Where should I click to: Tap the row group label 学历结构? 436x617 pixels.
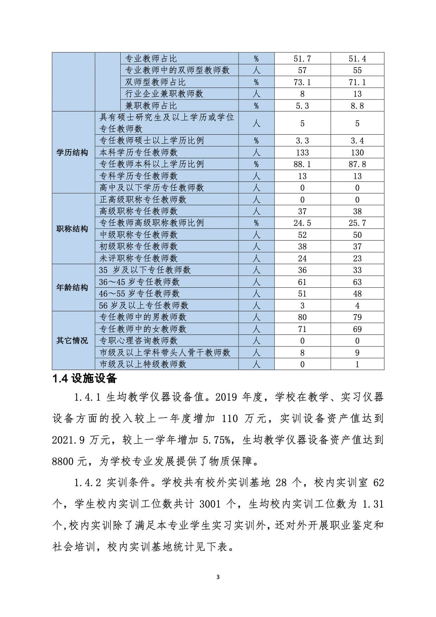coord(72,153)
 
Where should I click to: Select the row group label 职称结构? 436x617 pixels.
coord(72,229)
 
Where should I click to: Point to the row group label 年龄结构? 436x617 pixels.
coord(72,288)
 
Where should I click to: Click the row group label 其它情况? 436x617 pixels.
coord(72,341)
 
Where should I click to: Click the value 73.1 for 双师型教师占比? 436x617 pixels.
coord(302,82)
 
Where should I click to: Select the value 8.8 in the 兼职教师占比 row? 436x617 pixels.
coord(357,106)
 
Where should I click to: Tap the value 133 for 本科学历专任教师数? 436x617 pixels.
coord(302,153)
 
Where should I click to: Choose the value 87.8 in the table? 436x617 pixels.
coord(357,164)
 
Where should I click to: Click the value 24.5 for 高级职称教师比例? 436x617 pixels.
coord(302,223)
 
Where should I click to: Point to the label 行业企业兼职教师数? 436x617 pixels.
coord(164,94)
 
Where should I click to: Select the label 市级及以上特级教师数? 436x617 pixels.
coord(143,364)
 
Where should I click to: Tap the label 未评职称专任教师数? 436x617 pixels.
coord(139,259)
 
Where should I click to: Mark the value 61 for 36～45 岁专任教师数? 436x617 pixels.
coord(302,282)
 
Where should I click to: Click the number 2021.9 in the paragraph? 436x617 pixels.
coord(69,440)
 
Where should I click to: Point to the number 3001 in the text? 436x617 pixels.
coord(210,504)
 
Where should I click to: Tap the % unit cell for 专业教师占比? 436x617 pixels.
coord(256,59)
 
